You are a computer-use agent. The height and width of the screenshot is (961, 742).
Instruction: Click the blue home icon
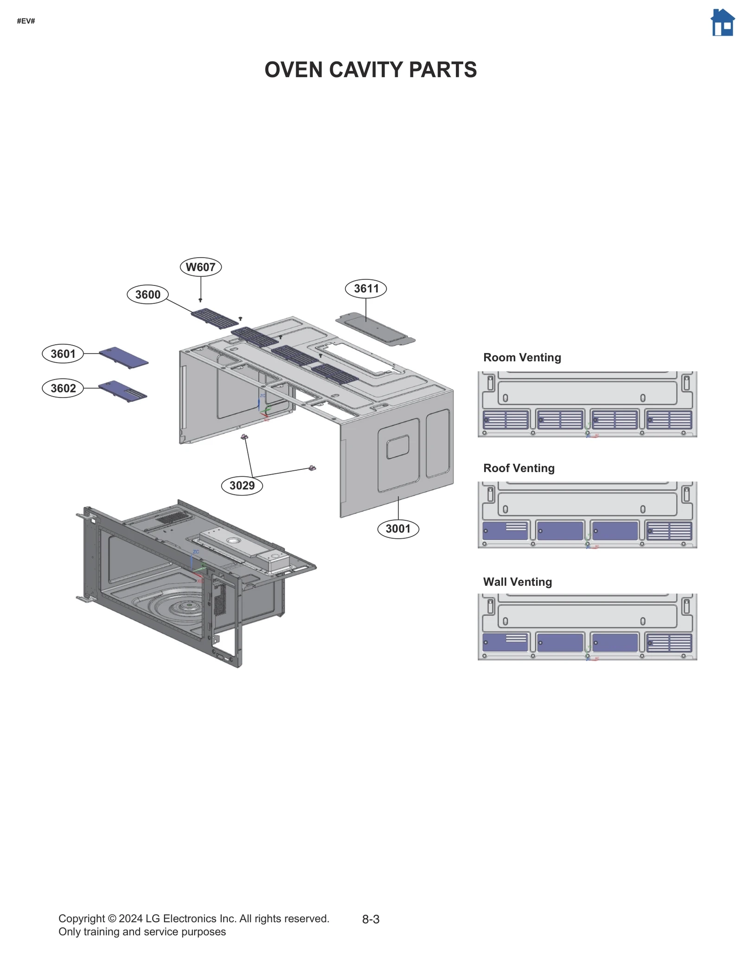point(722,23)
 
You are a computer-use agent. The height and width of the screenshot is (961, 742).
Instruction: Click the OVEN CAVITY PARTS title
point(370,70)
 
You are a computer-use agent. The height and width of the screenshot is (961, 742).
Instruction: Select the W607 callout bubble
point(200,267)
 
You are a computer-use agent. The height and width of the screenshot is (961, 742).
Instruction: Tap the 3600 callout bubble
point(147,294)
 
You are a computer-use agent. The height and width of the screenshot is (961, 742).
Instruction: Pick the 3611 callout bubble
point(366,288)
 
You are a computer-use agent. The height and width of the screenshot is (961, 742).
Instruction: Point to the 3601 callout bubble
point(63,354)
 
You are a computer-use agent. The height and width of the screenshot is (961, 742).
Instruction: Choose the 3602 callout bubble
point(63,388)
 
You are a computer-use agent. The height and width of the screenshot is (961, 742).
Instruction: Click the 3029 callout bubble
point(242,485)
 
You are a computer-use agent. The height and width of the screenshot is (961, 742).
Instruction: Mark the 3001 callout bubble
point(398,528)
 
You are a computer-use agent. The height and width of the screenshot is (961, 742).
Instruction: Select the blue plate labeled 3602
point(123,391)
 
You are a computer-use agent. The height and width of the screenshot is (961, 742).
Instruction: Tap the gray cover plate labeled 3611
point(376,329)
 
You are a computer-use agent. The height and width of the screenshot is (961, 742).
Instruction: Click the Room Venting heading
point(522,357)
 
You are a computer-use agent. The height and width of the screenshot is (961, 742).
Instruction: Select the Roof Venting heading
point(518,468)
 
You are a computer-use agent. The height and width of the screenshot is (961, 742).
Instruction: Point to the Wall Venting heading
point(517,582)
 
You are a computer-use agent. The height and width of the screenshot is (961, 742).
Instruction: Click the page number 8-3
point(371,919)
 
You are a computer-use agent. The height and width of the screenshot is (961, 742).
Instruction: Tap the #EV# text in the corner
point(26,21)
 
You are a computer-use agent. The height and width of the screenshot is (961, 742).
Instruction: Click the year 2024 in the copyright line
point(131,918)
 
